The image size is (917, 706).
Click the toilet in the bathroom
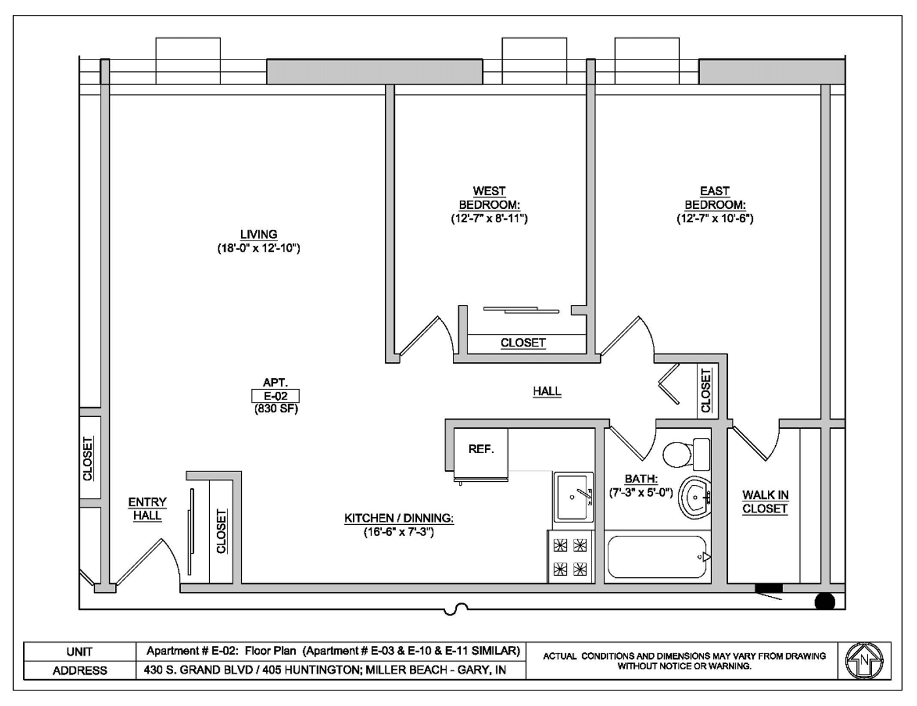686,454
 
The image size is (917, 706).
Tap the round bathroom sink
695,497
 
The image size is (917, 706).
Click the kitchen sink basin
573,497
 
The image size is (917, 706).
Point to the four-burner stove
570,558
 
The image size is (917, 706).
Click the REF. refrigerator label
481,449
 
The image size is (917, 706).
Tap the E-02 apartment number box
276,396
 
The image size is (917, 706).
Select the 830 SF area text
276,409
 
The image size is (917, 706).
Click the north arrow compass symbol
864,661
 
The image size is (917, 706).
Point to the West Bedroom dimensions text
489,218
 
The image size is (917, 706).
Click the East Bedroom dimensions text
715,218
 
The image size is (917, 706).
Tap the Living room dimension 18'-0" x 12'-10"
259,248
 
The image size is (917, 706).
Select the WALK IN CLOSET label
765,502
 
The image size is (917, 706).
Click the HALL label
547,391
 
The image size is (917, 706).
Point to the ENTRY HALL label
147,509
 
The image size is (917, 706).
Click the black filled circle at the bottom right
825,602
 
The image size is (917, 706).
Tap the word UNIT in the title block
79,652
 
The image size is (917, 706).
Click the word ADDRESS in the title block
80,670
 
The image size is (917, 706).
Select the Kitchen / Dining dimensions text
399,532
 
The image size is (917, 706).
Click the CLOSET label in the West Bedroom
523,343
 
